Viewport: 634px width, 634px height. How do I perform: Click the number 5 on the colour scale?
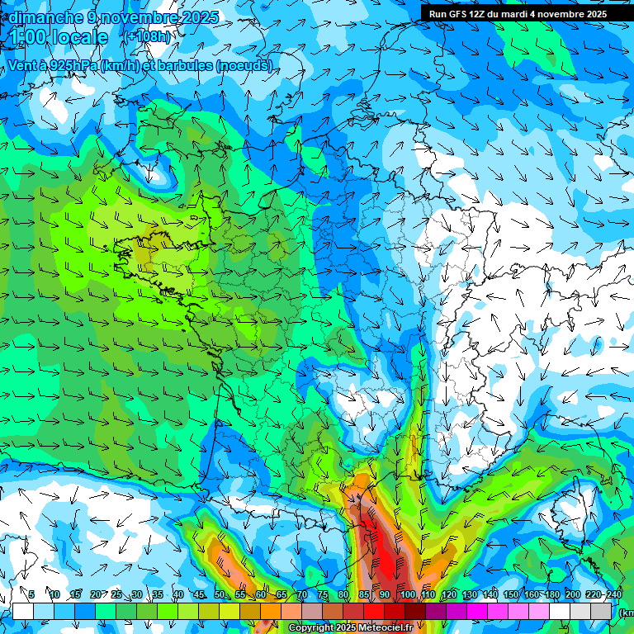tap(32, 595)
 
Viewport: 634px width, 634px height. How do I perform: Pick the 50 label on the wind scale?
tap(220, 595)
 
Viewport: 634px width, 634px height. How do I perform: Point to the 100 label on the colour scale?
tap(407, 595)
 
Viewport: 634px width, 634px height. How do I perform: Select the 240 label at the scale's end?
tap(614, 595)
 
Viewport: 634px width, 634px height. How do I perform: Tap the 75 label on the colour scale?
tap(323, 595)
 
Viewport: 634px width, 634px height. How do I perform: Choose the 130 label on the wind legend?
tap(470, 595)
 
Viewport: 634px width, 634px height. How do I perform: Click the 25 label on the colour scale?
tap(116, 595)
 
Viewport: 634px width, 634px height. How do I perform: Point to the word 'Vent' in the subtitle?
tap(22, 65)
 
